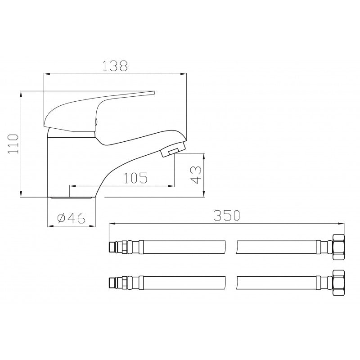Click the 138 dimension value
click(x=115, y=66)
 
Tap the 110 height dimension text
click(x=13, y=144)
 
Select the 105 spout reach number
click(x=135, y=177)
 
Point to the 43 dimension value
click(x=196, y=175)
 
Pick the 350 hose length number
click(x=227, y=216)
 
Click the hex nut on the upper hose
click(x=338, y=247)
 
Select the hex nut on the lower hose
click(x=338, y=283)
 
